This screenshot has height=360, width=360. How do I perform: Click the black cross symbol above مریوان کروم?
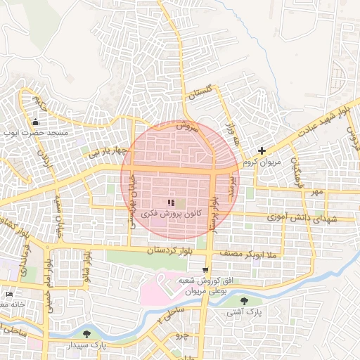click(x=262, y=150)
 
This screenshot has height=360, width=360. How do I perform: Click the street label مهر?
click(x=318, y=191)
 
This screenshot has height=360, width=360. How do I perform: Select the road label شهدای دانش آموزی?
click(x=302, y=219)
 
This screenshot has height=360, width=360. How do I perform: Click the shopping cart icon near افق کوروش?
click(x=205, y=269)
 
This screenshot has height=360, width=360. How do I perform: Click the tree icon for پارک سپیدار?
click(x=87, y=335)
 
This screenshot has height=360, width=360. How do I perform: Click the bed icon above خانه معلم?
click(x=8, y=294)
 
